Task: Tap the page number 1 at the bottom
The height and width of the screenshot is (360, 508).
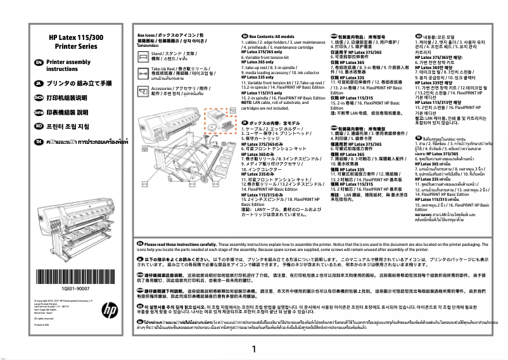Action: coord(253,349)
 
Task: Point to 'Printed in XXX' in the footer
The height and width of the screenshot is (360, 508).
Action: coord(43,325)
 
